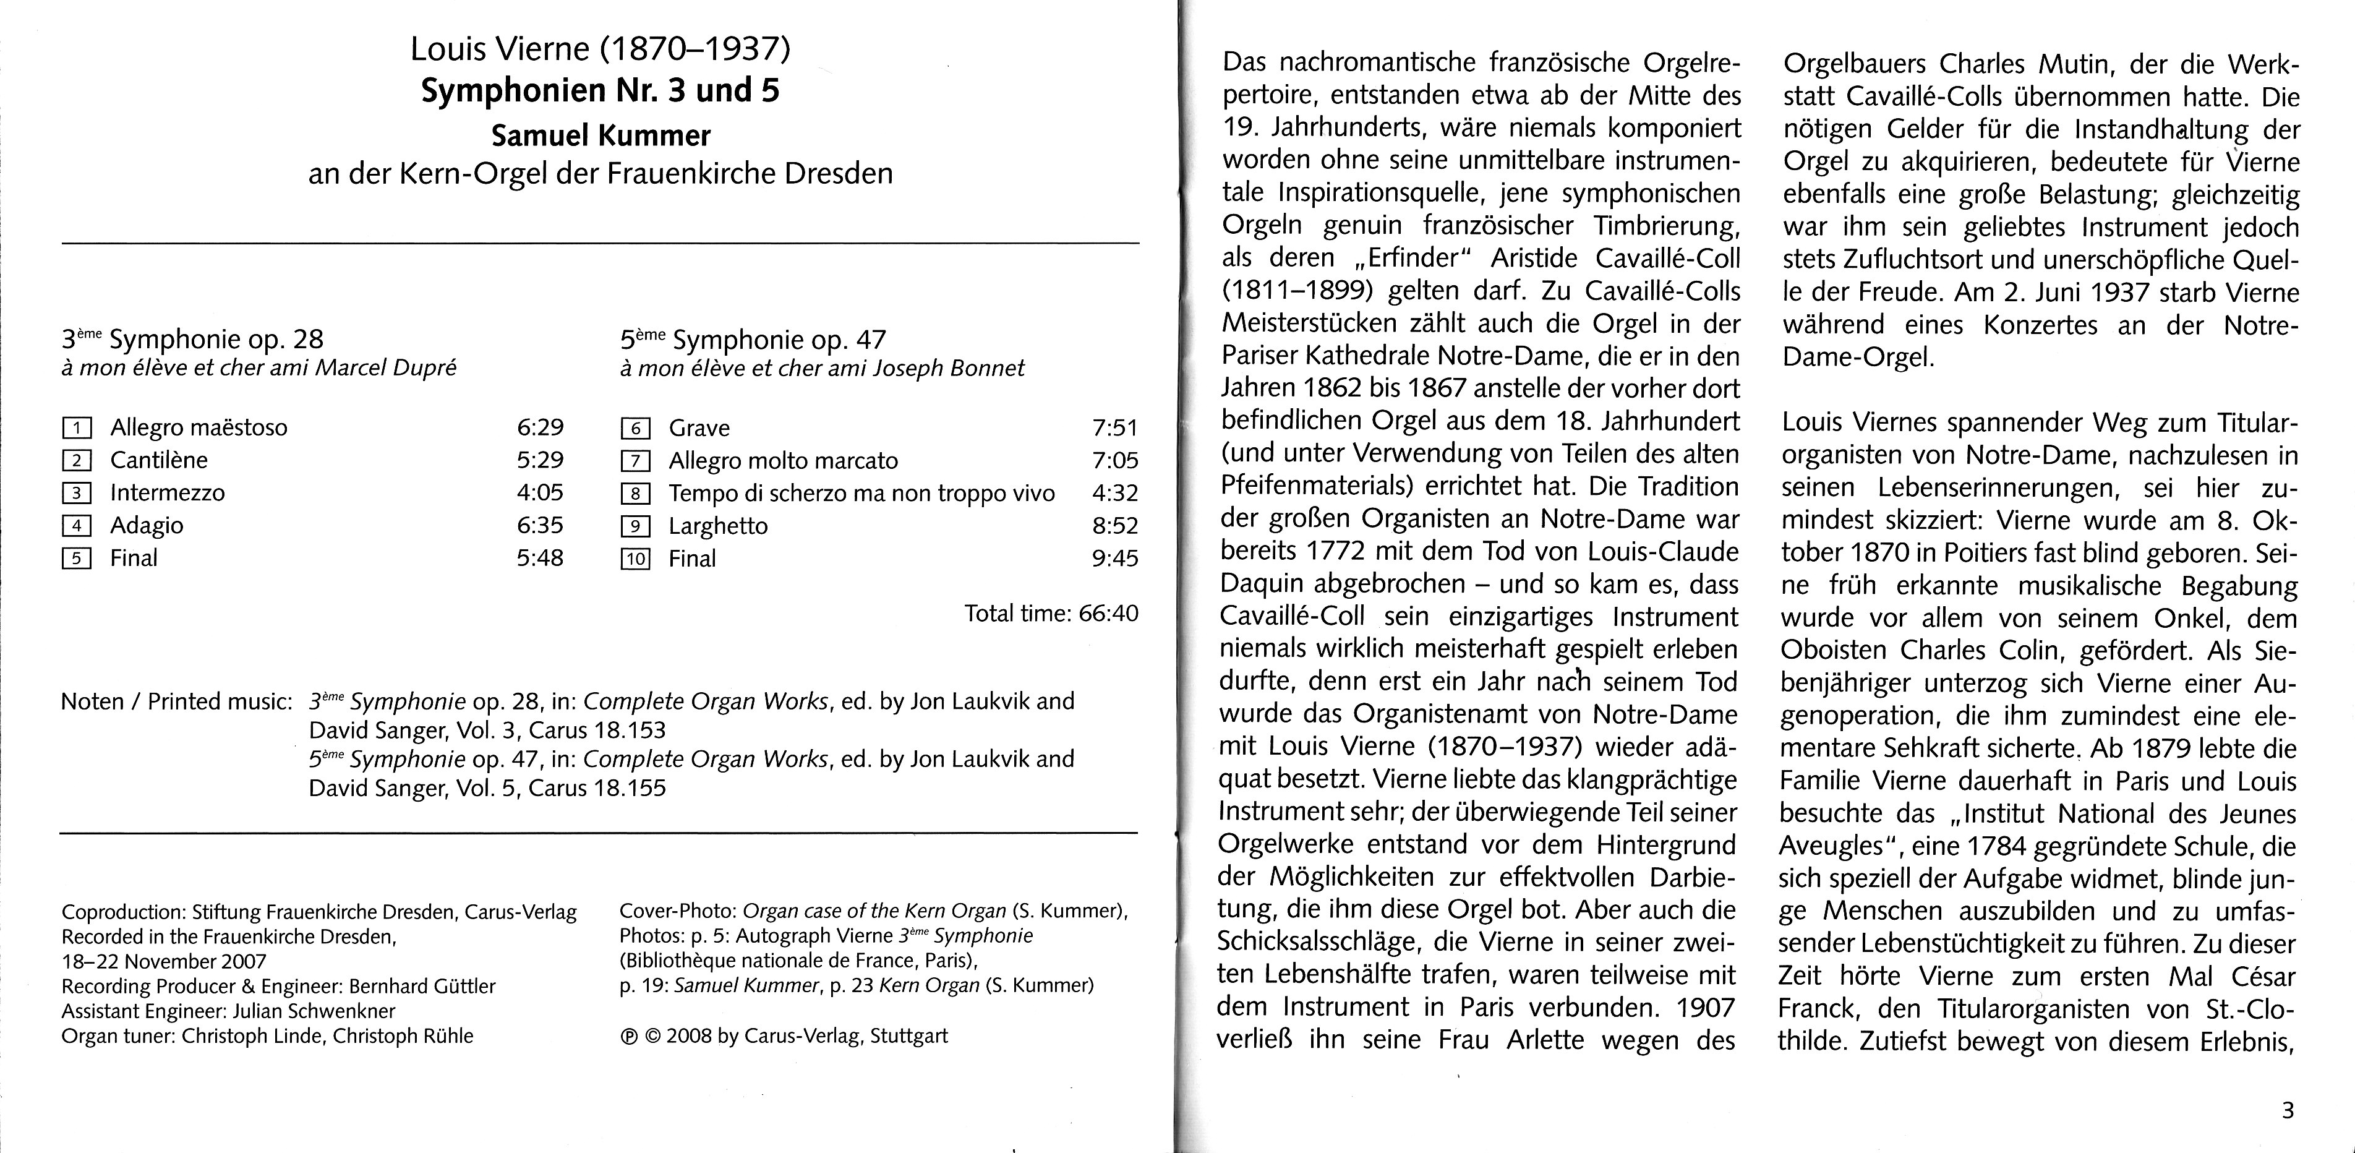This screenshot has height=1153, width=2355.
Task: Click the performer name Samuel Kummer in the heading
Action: (x=601, y=135)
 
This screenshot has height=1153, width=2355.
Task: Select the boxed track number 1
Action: (x=77, y=428)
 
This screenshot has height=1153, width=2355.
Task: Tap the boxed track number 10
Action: (x=635, y=559)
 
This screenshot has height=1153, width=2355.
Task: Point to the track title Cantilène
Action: (x=159, y=460)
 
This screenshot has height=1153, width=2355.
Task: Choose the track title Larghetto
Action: (x=717, y=526)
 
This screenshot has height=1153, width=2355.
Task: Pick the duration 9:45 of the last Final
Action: (x=1114, y=558)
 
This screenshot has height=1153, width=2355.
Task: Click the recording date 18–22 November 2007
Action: (x=164, y=961)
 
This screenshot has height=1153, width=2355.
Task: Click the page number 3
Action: (x=2288, y=1111)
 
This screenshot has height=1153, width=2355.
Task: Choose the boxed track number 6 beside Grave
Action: (x=635, y=428)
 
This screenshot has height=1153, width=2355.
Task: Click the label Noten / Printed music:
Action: (x=176, y=701)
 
